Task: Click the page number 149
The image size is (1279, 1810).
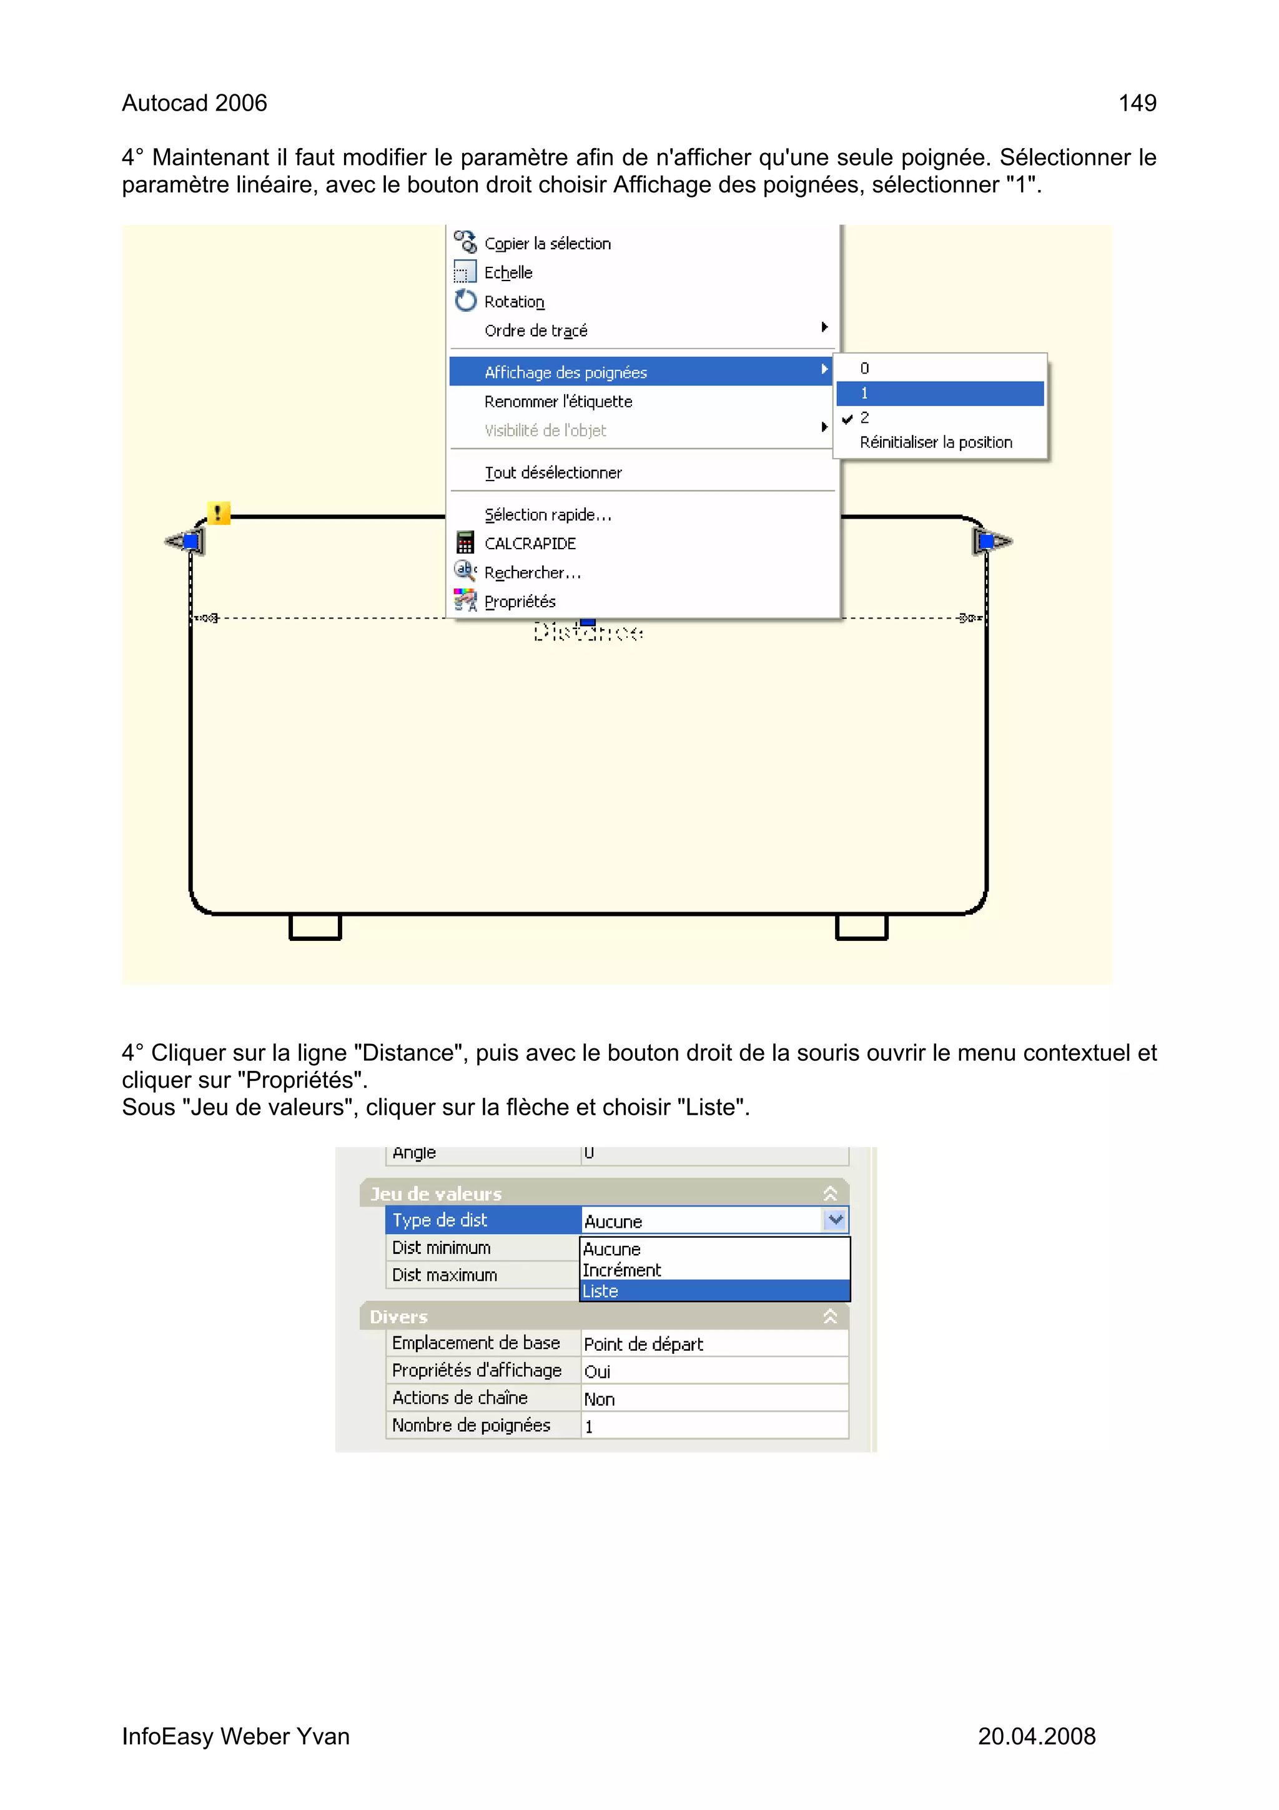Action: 1137,103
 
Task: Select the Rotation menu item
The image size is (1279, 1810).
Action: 514,302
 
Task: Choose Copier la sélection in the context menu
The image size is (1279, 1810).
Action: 547,244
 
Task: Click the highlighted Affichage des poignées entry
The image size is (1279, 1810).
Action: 565,372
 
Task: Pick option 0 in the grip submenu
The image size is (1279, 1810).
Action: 864,368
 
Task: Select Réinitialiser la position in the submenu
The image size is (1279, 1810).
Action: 936,442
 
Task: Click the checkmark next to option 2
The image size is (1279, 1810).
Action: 847,419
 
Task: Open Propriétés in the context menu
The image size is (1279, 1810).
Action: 520,602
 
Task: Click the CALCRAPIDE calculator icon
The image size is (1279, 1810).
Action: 465,543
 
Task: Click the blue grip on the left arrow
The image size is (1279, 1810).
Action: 190,542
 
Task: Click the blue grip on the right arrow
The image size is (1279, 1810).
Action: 986,542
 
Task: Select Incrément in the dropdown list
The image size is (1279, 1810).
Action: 622,1270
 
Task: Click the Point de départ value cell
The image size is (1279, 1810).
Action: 714,1344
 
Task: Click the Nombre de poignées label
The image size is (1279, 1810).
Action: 472,1425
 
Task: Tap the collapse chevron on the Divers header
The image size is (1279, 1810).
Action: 830,1316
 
